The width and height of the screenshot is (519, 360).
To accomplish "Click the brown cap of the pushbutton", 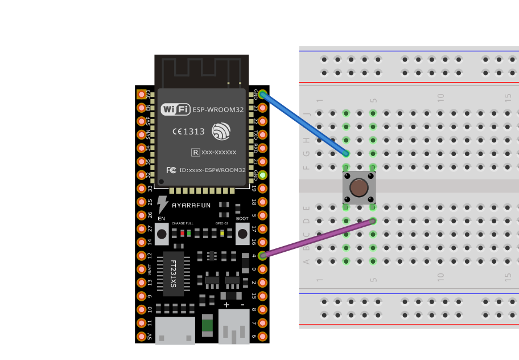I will [359, 187].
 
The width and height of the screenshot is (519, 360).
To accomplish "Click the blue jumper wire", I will [304, 124].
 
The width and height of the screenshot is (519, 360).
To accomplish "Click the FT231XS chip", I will [173, 273].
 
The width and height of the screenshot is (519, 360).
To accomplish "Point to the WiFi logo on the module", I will [175, 109].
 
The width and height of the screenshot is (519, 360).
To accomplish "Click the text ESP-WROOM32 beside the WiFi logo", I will [219, 109].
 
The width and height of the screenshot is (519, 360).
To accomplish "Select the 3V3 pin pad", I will [141, 94].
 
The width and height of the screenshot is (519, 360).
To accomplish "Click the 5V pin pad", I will [141, 337].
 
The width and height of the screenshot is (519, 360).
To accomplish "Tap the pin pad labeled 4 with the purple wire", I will [263, 256].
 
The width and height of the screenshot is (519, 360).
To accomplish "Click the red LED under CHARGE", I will [182, 233].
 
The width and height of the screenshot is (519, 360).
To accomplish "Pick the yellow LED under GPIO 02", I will [222, 233].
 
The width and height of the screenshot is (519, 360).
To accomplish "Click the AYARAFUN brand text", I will [192, 204].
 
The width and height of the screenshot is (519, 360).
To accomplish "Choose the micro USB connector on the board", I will [175, 330].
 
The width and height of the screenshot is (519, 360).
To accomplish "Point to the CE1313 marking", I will [188, 132].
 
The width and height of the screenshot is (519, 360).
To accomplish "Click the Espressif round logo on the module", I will [221, 132].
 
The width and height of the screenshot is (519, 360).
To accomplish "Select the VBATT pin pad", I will [141, 269].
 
